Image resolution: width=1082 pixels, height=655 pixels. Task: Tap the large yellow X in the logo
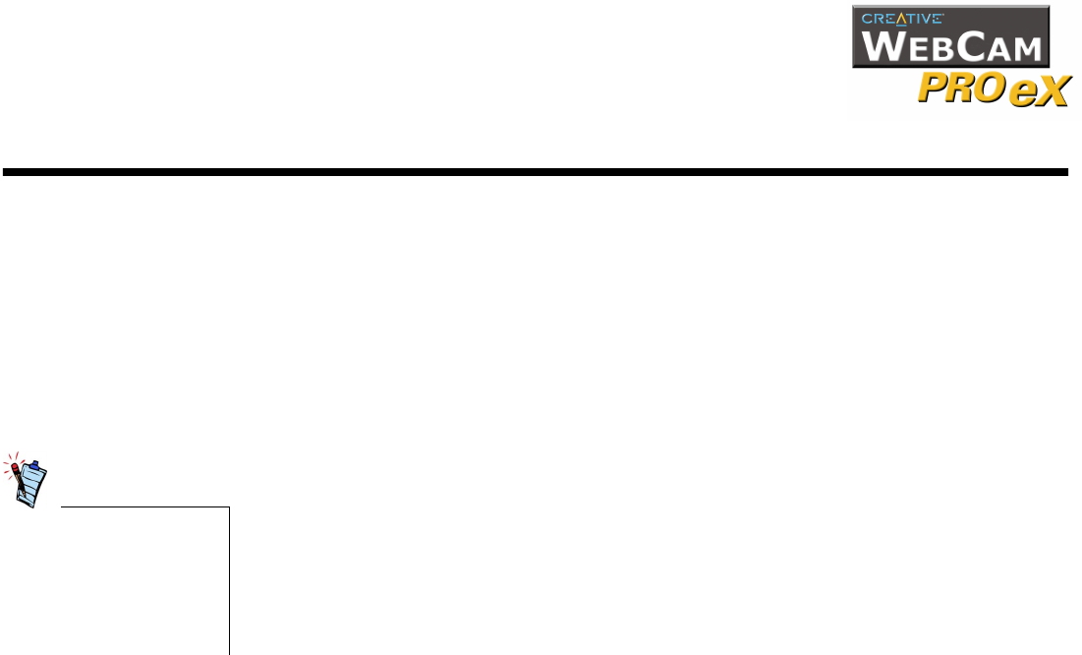(x=1049, y=92)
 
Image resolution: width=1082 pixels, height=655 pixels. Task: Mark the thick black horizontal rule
(x=536, y=172)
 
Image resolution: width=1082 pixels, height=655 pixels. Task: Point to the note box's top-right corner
(x=229, y=507)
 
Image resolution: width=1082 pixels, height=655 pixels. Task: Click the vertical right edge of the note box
(x=229, y=580)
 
